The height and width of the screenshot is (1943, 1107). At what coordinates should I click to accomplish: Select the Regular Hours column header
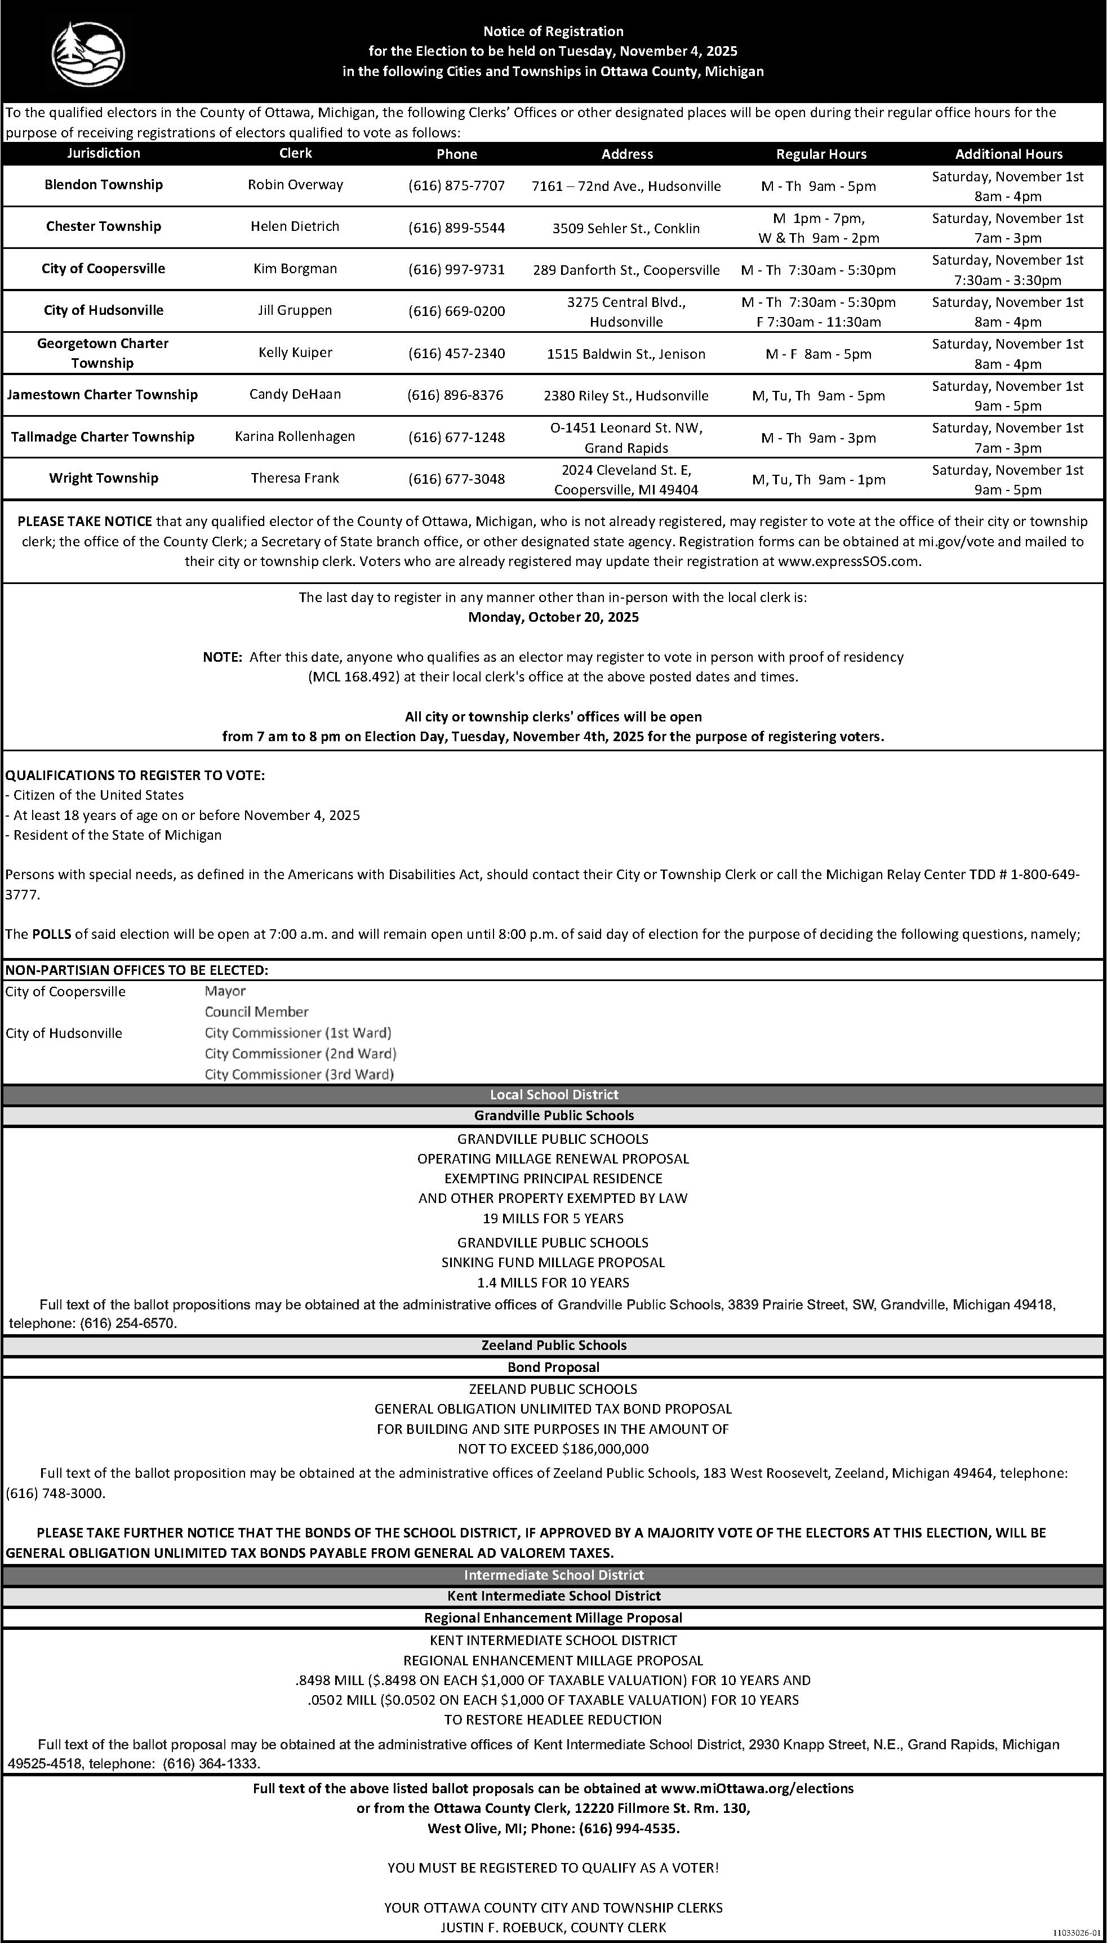[x=821, y=154]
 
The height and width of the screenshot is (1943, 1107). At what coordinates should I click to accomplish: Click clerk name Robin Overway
[x=295, y=185]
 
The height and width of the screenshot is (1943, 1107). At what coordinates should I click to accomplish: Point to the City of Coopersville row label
[x=104, y=268]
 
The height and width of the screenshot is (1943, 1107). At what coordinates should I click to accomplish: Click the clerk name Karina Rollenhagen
[x=295, y=436]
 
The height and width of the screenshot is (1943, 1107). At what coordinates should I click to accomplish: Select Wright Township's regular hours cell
[x=819, y=479]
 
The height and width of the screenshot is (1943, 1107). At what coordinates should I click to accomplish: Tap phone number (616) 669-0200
[x=456, y=311]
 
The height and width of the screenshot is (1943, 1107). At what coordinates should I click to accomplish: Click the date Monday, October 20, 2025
[x=553, y=617]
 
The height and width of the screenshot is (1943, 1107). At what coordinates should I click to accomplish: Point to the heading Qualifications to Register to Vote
[x=135, y=775]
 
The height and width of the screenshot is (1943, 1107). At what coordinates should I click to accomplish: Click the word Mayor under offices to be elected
[x=225, y=991]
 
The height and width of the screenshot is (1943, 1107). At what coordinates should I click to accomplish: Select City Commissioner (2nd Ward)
[x=300, y=1053]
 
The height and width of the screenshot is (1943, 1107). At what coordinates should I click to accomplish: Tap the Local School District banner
[x=553, y=1094]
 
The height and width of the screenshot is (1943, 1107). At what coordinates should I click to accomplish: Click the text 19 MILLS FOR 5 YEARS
[x=553, y=1218]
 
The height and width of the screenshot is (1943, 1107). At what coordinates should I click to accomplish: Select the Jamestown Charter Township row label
[x=103, y=394]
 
